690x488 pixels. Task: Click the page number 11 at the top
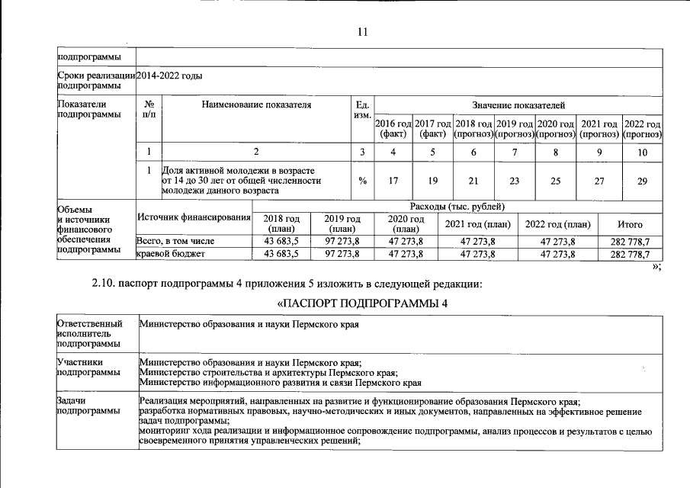point(362,31)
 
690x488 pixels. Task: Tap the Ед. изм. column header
point(362,110)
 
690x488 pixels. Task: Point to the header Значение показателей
point(518,104)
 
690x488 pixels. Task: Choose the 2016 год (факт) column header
point(393,129)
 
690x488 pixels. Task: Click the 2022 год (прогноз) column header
point(642,129)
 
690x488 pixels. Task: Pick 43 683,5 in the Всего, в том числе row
point(281,241)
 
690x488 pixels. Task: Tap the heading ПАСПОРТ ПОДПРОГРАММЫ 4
point(362,303)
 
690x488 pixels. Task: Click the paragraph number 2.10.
point(104,284)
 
